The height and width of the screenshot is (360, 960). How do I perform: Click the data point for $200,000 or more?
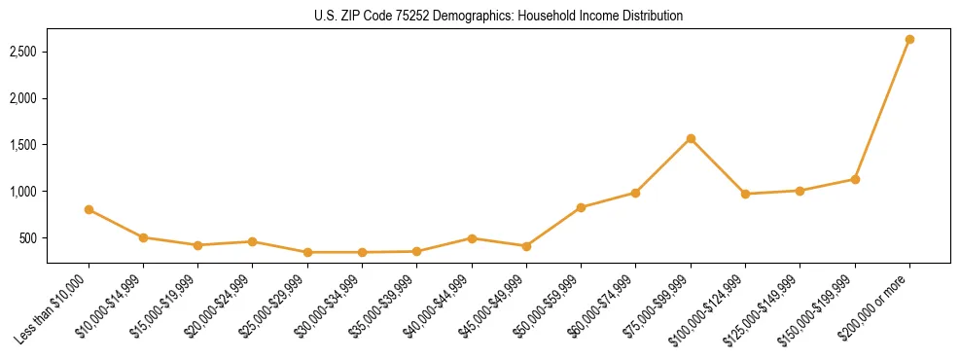(x=909, y=39)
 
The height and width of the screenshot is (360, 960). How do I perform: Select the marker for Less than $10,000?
(x=89, y=209)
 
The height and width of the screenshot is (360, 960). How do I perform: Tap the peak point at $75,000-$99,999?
(x=691, y=138)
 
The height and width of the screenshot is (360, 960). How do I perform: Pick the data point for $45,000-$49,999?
(x=526, y=246)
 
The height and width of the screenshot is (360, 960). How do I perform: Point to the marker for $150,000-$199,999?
(x=855, y=179)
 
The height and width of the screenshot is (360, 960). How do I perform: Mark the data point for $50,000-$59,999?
(x=581, y=207)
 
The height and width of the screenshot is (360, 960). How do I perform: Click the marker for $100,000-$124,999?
(x=745, y=194)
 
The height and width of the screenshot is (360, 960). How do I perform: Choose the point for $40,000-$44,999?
(x=472, y=238)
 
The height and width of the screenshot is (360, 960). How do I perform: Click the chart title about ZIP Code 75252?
(x=499, y=17)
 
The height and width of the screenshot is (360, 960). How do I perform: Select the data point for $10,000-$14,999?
(x=143, y=237)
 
